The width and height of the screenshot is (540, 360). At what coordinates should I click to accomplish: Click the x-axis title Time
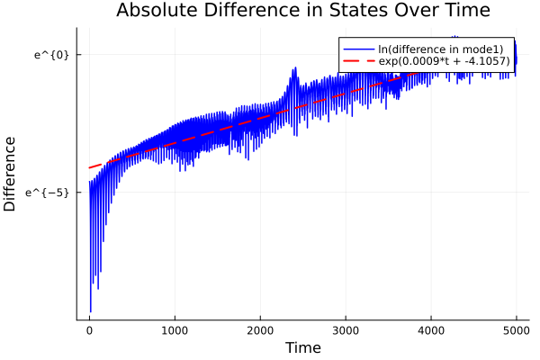pos(302,347)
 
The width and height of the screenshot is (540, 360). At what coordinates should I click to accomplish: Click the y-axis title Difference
pos(11,174)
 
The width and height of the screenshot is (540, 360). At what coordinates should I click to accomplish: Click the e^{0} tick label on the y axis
pos(51,55)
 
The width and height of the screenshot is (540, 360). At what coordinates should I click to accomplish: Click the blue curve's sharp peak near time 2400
pos(293,69)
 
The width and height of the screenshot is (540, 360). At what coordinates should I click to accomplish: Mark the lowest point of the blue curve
pos(90,311)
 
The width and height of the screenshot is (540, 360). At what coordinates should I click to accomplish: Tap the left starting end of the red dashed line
pos(89,167)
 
